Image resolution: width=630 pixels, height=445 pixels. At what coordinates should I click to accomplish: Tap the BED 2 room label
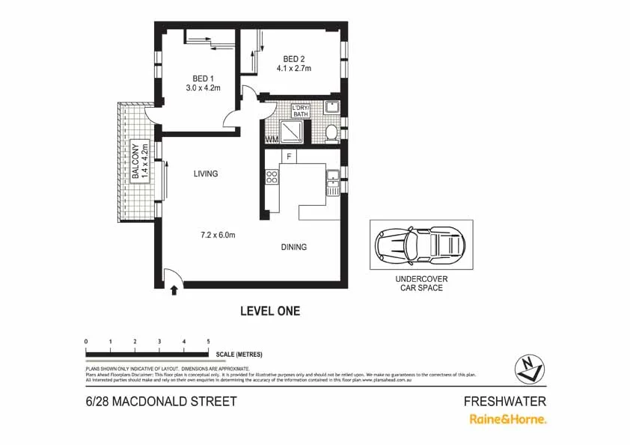[x=294, y=60]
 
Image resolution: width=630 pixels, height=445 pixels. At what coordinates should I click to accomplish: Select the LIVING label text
[x=206, y=174]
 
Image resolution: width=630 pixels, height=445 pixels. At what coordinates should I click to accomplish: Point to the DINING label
[x=293, y=248]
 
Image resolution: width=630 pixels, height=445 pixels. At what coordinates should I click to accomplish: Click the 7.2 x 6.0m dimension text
[x=218, y=235]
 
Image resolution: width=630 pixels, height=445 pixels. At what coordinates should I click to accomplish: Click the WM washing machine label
[x=271, y=139]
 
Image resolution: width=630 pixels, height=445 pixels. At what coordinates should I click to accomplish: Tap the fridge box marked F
[x=288, y=156]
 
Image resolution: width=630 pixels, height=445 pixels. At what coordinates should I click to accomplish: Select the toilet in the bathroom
[x=331, y=133]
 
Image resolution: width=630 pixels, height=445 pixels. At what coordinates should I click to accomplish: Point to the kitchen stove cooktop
[x=272, y=177]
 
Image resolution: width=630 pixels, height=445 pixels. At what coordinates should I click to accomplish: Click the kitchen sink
[x=331, y=178]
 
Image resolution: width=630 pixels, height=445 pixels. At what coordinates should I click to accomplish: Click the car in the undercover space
[x=421, y=244]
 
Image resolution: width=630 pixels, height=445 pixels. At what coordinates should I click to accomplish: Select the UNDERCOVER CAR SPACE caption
[x=421, y=283]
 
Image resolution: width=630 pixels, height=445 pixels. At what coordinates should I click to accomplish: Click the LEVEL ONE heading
[x=270, y=311]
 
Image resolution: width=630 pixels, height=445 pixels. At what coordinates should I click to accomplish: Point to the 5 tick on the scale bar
[x=208, y=342]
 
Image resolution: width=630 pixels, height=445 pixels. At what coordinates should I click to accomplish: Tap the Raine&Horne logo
[x=507, y=419]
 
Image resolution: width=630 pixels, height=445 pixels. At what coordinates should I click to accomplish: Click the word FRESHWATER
[x=505, y=401]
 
